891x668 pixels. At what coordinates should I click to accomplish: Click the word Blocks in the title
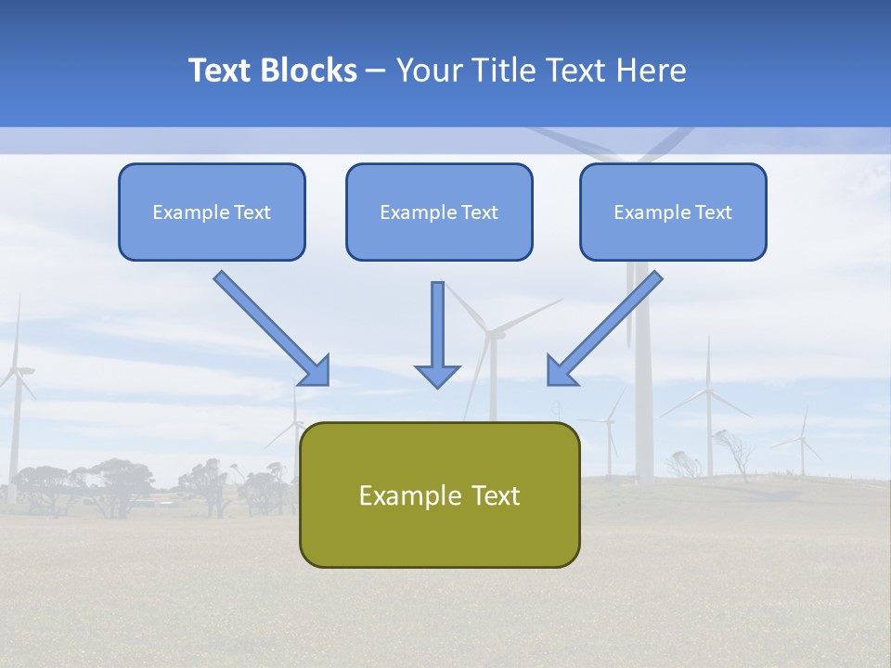pyautogui.click(x=310, y=71)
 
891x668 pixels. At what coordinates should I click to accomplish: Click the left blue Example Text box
pyautogui.click(x=212, y=212)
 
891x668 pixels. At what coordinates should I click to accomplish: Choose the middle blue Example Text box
pyautogui.click(x=439, y=212)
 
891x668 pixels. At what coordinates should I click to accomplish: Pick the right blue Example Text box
pyautogui.click(x=673, y=212)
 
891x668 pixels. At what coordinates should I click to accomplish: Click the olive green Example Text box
pyautogui.click(x=439, y=495)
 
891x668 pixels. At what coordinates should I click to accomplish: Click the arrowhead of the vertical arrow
pyautogui.click(x=437, y=375)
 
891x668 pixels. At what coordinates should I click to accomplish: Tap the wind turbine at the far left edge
pyautogui.click(x=14, y=390)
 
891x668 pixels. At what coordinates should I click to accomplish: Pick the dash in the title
pyautogui.click(x=376, y=71)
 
